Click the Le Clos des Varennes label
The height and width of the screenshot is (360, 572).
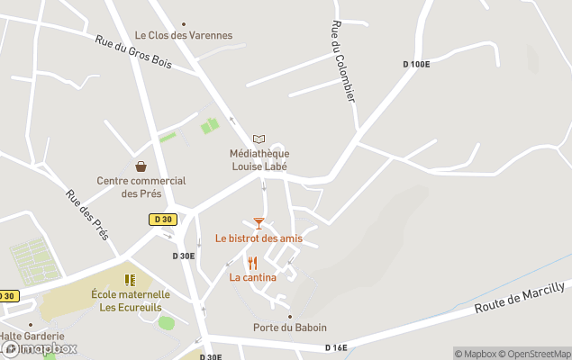184,36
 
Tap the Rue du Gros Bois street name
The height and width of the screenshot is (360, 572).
132,53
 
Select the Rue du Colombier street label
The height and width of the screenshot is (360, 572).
343,61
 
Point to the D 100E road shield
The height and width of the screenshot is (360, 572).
416,63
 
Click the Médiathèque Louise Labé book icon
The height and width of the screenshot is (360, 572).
259,139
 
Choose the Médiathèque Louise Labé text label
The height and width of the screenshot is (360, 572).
259,160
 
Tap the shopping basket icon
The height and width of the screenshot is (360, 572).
141,166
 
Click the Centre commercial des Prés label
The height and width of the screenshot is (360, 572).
141,187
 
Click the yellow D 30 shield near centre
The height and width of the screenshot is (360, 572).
163,219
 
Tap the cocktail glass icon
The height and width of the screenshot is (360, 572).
259,222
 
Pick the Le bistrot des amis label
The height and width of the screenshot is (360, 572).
259,238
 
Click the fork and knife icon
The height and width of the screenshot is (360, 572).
252,263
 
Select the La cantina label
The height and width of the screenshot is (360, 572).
252,277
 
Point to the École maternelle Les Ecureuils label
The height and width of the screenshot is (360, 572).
131,301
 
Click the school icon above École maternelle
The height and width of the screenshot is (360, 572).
130,280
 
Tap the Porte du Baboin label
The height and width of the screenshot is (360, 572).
290,328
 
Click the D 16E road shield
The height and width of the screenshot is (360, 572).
336,347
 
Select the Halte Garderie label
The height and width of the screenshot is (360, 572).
32,336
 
